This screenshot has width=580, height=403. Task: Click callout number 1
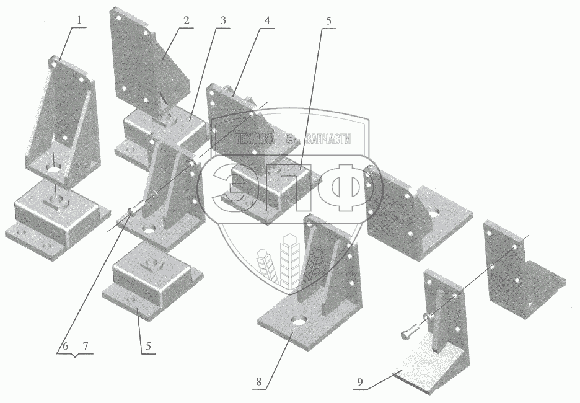pos(79,20)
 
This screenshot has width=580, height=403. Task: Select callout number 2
pos(186,20)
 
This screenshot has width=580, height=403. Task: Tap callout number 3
pos(222,20)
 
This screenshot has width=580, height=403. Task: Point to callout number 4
pos(266,20)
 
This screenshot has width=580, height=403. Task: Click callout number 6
pos(65,347)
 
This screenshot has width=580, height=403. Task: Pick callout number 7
pos(86,347)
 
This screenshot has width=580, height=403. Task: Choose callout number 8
pos(258,381)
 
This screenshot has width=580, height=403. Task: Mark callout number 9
pos(360,382)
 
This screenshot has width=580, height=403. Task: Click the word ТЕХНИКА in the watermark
pos(255,139)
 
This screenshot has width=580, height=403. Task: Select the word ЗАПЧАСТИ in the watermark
pos(328,139)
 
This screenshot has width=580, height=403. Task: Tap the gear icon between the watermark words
pos(291,139)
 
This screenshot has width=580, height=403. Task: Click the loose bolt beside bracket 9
pos(410,331)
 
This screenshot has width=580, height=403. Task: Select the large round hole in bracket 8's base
pos(299,319)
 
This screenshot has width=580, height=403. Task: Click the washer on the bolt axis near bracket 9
pos(428,317)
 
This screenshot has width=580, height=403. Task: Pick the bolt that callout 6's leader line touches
pos(133,208)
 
